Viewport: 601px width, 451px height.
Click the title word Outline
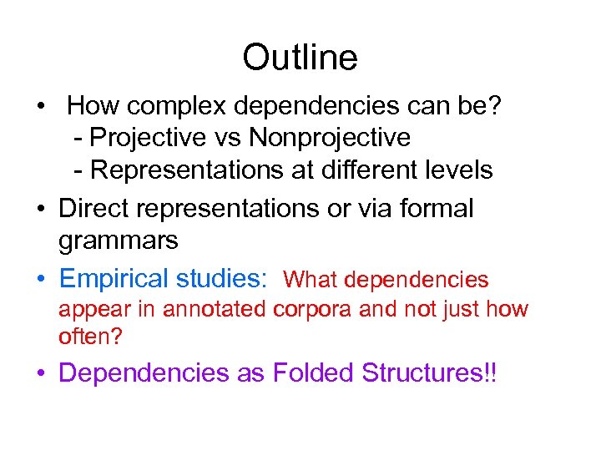[300, 58]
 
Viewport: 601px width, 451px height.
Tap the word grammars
[118, 241]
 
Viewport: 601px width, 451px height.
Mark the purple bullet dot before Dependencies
[41, 374]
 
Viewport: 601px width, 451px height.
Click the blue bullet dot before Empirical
[41, 279]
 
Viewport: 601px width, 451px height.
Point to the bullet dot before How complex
[41, 108]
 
